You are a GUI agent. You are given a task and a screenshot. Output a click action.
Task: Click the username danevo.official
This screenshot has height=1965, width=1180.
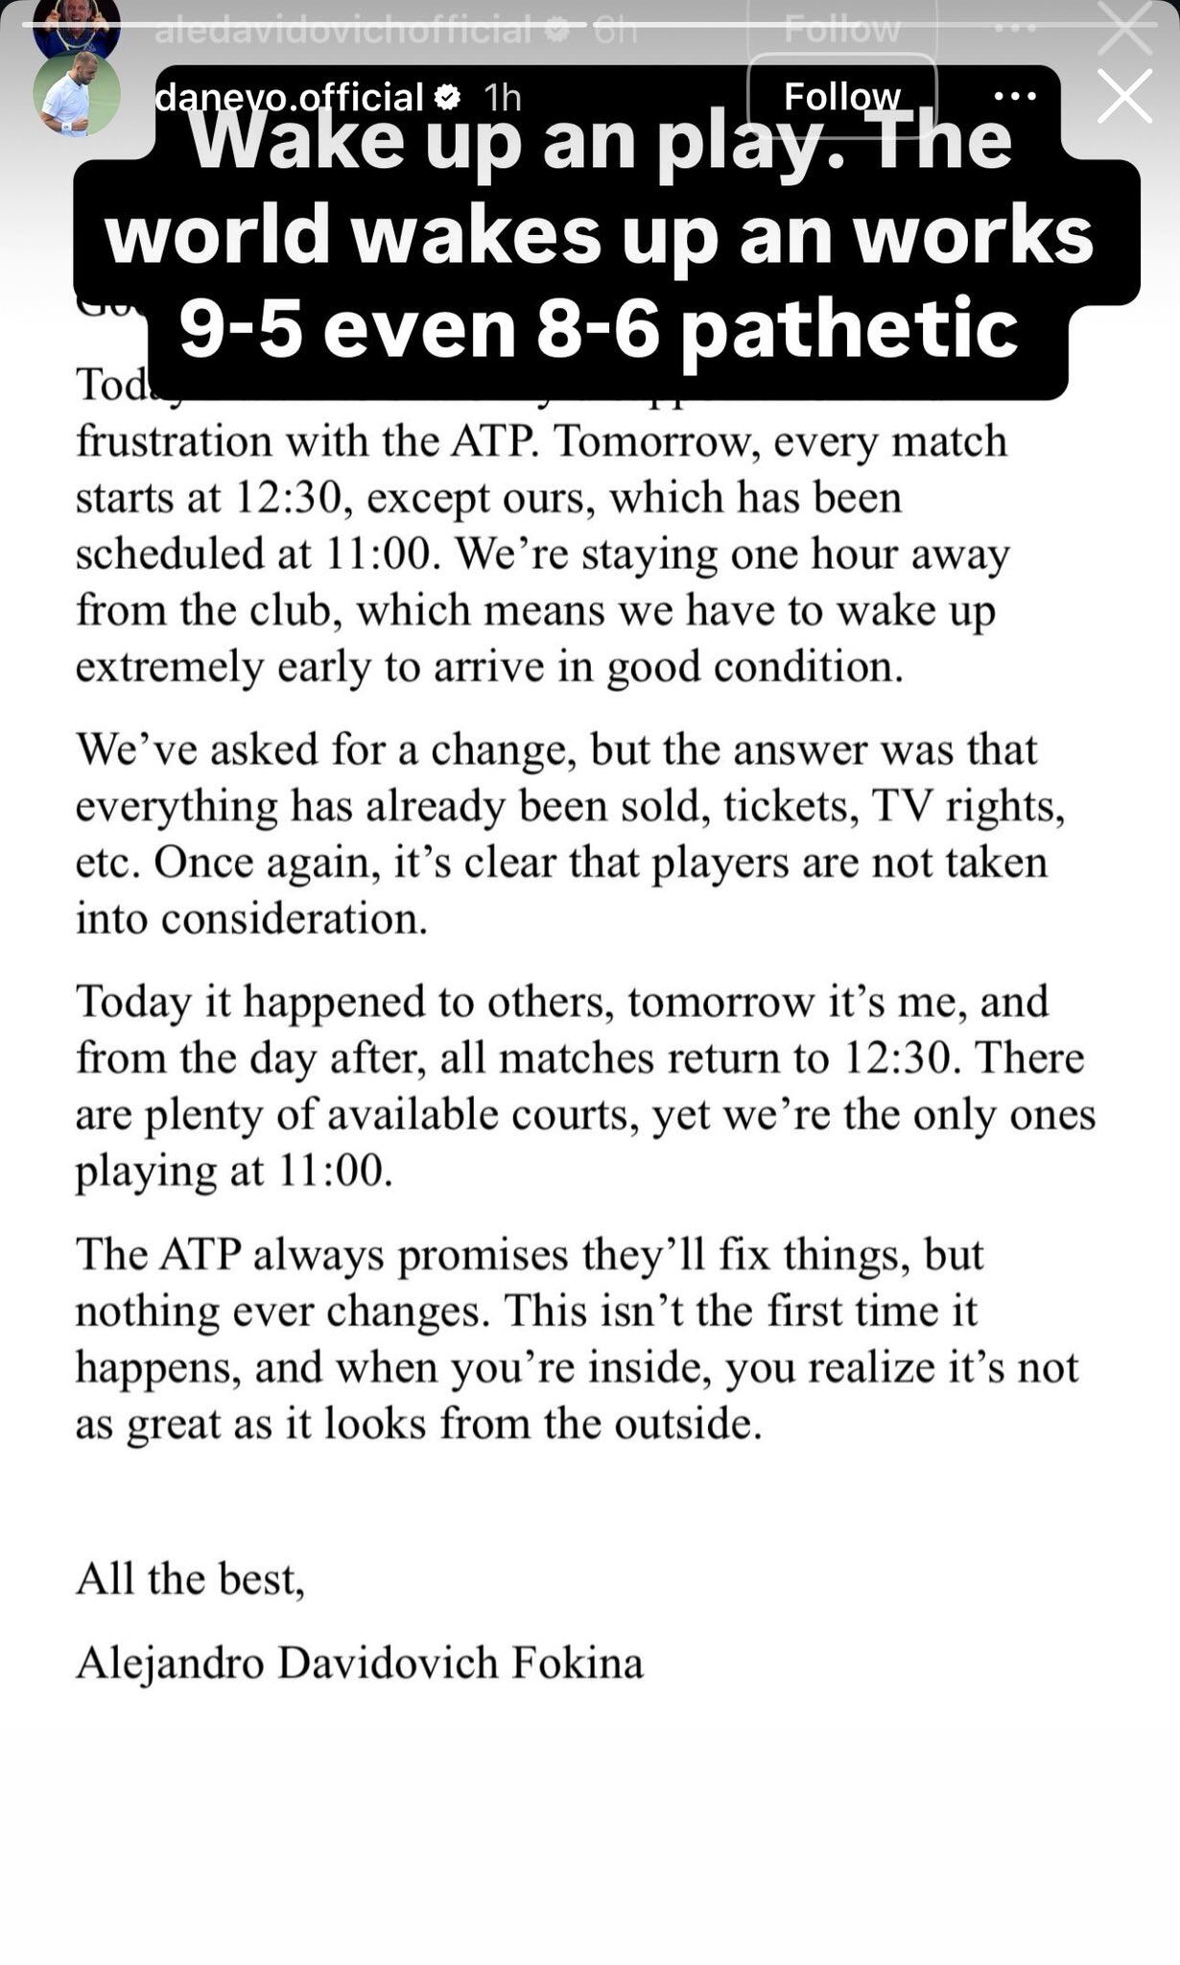(289, 97)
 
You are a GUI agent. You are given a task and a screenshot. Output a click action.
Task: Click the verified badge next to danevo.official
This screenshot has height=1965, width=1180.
(448, 97)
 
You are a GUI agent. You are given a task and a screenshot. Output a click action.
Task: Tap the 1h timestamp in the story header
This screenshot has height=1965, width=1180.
(502, 97)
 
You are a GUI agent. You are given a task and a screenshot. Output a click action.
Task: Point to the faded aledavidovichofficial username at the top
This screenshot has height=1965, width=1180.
(342, 31)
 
